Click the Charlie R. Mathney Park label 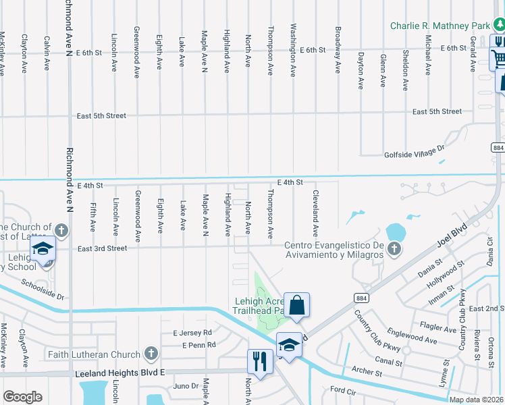440,26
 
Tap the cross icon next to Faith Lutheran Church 151,354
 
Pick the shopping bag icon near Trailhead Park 296,305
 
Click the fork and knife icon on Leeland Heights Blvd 259,360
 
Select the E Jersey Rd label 192,333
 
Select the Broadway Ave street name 337,45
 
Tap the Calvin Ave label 47,53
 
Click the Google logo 22,397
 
